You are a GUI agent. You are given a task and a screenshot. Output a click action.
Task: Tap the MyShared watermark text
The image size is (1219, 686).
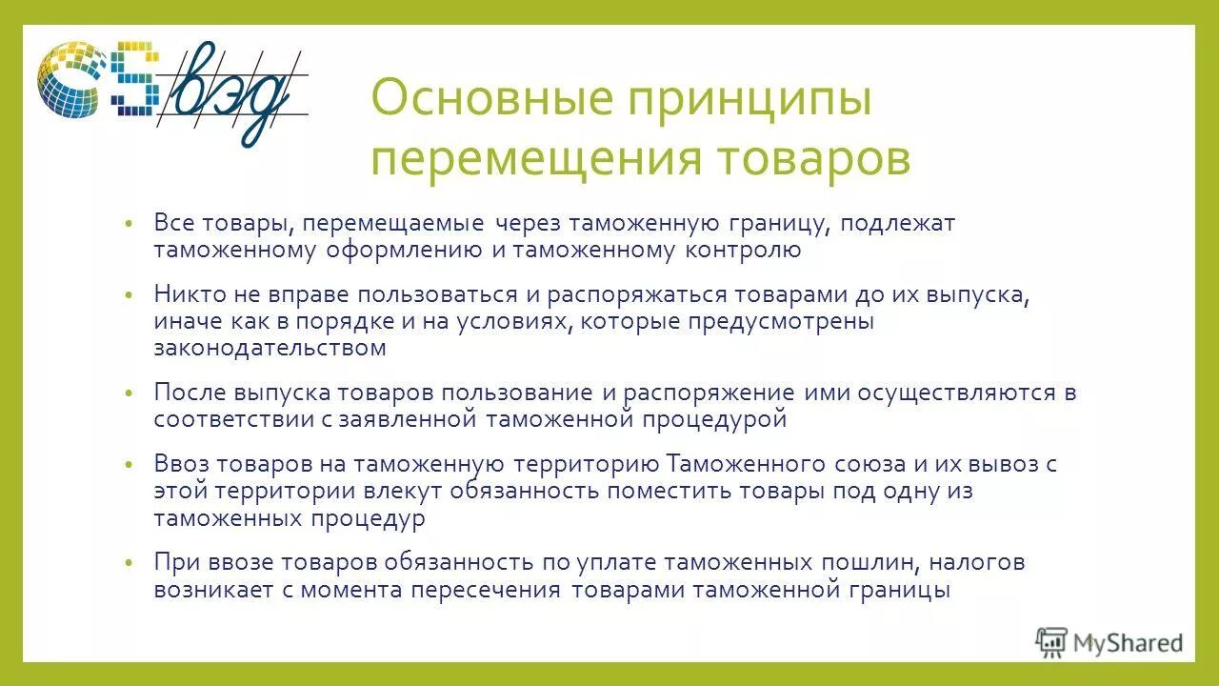pos(1128,643)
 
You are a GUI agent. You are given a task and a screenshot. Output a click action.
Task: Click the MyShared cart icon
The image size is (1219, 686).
pos(1051,642)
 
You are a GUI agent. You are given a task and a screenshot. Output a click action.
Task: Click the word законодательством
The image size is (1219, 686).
pos(270,348)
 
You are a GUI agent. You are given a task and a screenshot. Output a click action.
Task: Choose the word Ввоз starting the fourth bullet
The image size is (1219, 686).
pos(181,464)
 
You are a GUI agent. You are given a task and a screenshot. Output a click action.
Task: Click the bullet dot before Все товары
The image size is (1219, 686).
pos(130,225)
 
